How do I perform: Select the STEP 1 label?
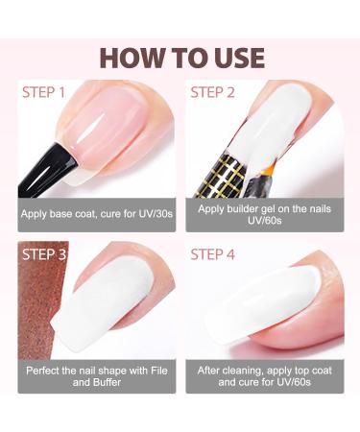(x=44, y=94)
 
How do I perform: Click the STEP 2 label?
(x=213, y=94)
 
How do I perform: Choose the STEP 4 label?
(x=214, y=255)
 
